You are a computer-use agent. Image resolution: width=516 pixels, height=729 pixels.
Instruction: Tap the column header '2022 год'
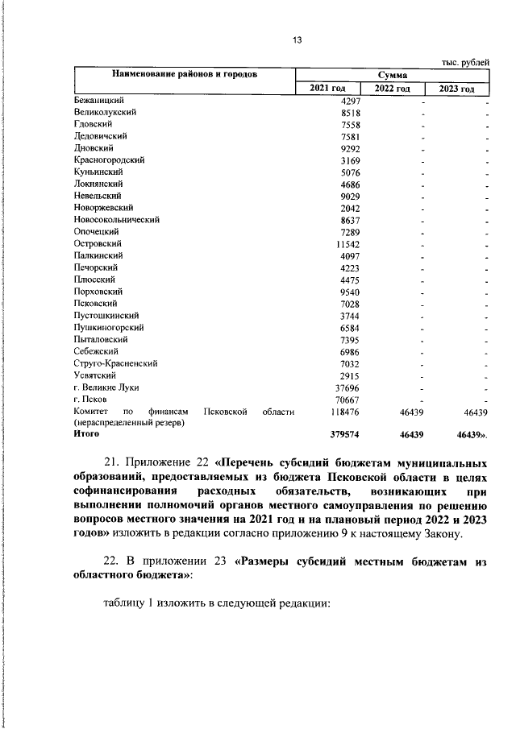(x=394, y=89)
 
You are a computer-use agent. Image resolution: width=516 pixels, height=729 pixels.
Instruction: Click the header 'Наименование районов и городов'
(x=185, y=75)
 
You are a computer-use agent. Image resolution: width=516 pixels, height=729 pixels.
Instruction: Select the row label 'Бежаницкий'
(x=95, y=101)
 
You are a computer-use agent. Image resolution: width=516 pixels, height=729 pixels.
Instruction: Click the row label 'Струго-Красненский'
(x=114, y=363)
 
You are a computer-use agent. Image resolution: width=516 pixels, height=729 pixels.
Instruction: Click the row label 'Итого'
(x=86, y=433)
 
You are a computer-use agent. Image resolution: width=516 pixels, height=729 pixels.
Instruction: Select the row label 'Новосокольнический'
(x=116, y=219)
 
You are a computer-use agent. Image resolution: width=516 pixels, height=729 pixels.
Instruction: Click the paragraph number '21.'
(x=115, y=464)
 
